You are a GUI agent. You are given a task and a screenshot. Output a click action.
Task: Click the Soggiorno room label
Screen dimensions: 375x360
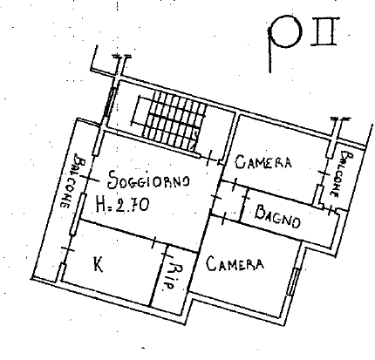point(148,180)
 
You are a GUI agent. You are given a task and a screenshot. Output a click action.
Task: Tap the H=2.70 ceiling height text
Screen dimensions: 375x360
point(122,204)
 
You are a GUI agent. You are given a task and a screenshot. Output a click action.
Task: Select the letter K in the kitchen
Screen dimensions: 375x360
point(99,264)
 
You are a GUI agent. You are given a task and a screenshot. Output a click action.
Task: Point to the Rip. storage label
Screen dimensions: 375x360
point(173,276)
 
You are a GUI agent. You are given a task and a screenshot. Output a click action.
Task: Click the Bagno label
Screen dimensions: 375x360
point(277,217)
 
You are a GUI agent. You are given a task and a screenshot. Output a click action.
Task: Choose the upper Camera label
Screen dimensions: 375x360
point(263,161)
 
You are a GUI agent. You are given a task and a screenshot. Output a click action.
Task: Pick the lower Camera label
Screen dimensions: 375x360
point(235,264)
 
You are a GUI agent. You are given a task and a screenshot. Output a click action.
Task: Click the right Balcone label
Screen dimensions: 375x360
point(342,173)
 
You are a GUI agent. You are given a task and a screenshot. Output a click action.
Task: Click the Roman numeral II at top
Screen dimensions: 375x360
point(324,31)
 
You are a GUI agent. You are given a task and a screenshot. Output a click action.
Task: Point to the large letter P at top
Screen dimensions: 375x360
point(283,41)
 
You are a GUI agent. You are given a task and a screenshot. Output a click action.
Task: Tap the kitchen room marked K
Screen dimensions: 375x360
point(111,263)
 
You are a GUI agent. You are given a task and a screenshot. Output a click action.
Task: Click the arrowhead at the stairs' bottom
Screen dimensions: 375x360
point(193,146)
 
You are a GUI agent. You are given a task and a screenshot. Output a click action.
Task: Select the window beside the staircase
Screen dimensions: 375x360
point(110,102)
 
